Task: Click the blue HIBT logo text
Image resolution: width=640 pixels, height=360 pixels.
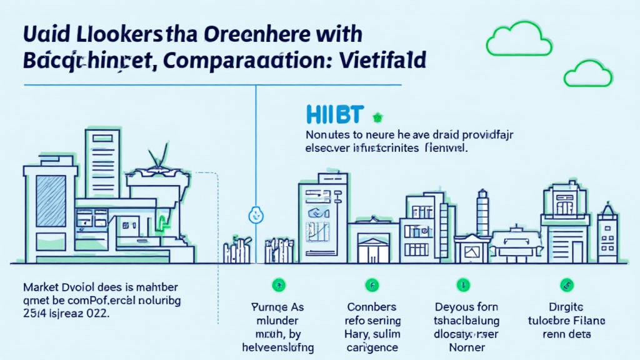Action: click(x=335, y=114)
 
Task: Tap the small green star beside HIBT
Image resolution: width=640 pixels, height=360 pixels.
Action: click(x=377, y=116)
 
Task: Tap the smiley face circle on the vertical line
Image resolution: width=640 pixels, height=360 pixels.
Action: click(x=255, y=214)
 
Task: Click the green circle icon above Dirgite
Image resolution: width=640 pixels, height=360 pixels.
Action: click(x=566, y=284)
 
